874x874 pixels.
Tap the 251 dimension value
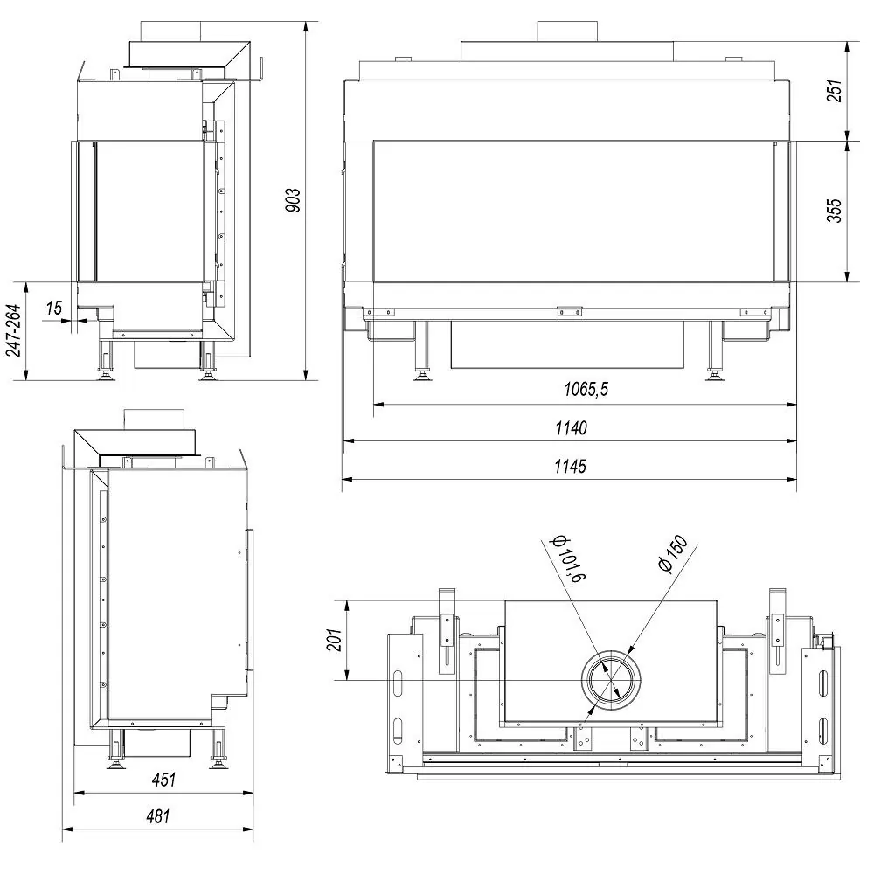[x=834, y=91]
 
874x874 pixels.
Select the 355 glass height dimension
[x=834, y=211]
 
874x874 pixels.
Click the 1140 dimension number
[x=570, y=427]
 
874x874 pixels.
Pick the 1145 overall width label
[x=570, y=466]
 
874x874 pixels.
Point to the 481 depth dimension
[x=157, y=816]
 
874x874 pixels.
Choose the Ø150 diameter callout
[x=674, y=553]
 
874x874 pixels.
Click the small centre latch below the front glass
[x=570, y=309]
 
